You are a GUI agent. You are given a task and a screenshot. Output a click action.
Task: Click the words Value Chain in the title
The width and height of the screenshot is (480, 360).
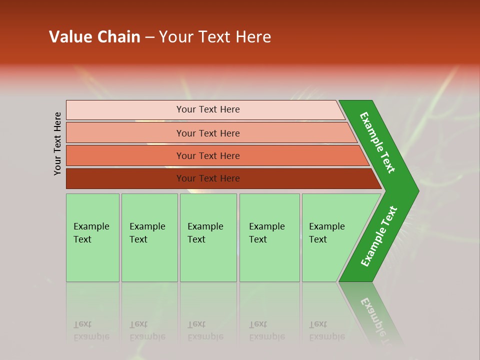[94, 37]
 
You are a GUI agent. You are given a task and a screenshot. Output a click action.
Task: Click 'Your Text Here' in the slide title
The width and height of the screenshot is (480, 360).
[215, 37]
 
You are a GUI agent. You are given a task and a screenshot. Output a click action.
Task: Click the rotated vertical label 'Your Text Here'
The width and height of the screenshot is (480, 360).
[57, 143]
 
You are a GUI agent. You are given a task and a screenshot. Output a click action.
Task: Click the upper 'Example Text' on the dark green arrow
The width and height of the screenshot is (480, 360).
[377, 142]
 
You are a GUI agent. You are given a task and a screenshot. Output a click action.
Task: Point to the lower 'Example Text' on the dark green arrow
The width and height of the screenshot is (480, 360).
[379, 236]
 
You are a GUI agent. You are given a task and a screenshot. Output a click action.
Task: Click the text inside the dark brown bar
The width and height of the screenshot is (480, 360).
[208, 178]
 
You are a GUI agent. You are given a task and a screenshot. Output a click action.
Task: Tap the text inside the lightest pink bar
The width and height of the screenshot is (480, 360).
[208, 109]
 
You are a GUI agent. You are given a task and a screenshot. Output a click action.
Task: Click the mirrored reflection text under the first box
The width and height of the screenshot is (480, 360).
[91, 330]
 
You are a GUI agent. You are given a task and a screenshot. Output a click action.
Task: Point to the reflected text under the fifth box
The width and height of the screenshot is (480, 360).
[326, 330]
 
